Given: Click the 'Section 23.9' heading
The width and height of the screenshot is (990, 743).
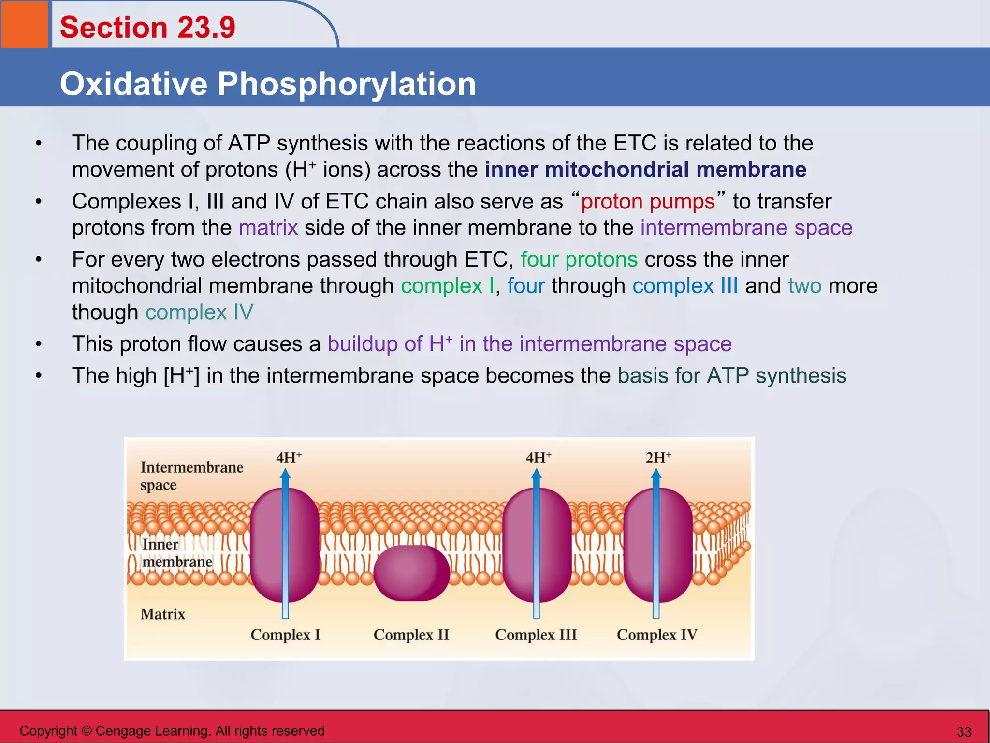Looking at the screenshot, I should (x=147, y=28).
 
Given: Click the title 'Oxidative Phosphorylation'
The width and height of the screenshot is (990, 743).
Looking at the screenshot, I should (x=268, y=84).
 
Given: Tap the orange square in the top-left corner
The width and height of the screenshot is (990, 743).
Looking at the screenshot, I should (x=24, y=24).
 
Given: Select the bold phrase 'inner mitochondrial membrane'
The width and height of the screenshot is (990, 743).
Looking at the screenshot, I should (x=645, y=170).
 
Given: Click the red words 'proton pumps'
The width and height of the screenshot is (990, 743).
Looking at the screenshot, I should (x=648, y=202).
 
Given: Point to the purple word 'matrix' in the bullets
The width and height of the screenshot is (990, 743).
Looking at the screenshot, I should (x=268, y=228).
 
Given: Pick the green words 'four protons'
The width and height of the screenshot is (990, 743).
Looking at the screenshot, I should (x=579, y=260).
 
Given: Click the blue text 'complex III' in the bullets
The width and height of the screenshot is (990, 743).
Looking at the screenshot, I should (x=685, y=286).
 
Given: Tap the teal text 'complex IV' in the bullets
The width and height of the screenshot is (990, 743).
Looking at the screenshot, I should (x=199, y=312).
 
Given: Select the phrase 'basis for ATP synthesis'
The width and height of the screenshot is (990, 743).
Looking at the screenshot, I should (x=732, y=376).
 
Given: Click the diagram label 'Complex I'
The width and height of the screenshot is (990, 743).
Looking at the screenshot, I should (x=285, y=634).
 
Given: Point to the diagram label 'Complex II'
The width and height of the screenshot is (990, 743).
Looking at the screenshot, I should (x=411, y=634).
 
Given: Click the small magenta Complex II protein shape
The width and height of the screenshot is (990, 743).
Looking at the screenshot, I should (x=411, y=573).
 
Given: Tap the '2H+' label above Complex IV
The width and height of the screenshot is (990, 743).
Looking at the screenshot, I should (x=658, y=458).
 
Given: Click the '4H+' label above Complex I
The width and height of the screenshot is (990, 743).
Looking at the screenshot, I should (x=289, y=458).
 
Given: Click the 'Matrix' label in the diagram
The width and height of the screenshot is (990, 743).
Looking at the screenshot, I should (x=163, y=614).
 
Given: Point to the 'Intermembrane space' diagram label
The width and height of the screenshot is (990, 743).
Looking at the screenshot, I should (x=191, y=476).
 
